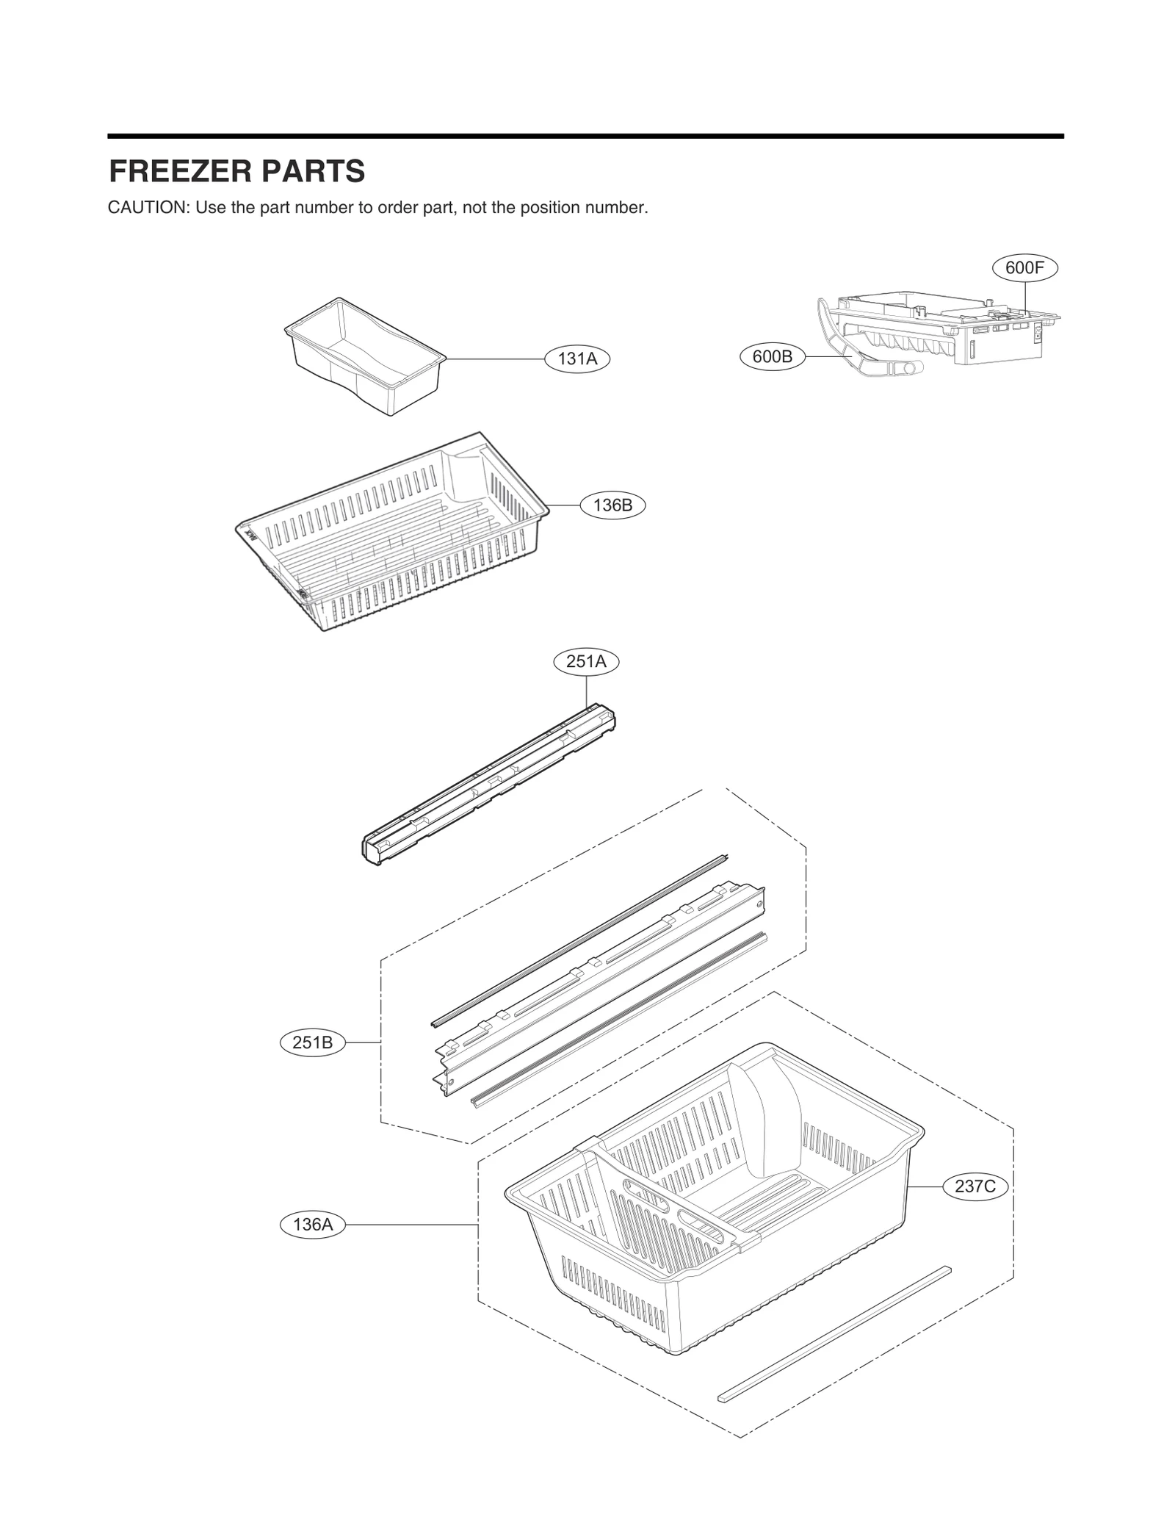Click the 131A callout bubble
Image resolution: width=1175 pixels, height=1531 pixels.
pyautogui.click(x=577, y=359)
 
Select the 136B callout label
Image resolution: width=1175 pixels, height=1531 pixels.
pyautogui.click(x=612, y=505)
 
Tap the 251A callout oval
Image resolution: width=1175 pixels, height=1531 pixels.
pyautogui.click(x=586, y=662)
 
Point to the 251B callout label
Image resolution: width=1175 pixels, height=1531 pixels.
pyautogui.click(x=313, y=1042)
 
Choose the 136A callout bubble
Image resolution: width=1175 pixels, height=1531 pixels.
pyautogui.click(x=313, y=1225)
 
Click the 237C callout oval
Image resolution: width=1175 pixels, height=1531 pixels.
pyautogui.click(x=975, y=1186)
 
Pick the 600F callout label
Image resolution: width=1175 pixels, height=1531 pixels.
pyautogui.click(x=1024, y=268)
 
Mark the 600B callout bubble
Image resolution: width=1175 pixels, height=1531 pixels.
pyautogui.click(x=773, y=357)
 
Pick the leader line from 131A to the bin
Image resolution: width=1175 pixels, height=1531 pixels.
pyautogui.click(x=496, y=359)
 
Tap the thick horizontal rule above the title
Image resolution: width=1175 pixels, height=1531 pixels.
pyautogui.click(x=585, y=136)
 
